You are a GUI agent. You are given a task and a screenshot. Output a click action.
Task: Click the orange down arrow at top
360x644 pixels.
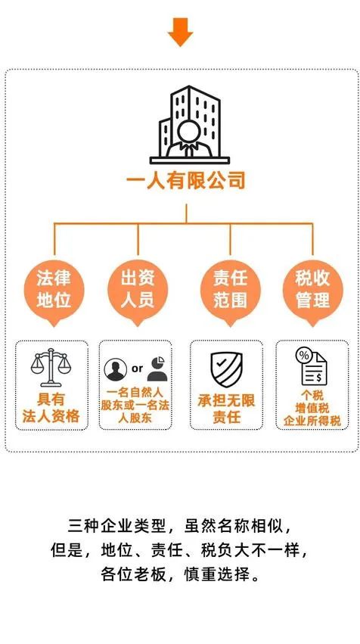click(180, 32)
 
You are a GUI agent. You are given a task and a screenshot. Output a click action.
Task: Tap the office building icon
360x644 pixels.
click(190, 125)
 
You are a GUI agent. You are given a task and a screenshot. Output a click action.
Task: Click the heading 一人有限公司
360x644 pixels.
click(185, 181)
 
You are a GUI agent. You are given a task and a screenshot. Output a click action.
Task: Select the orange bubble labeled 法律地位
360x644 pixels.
click(54, 292)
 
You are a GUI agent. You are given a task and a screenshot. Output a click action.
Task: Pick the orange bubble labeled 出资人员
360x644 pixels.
click(138, 292)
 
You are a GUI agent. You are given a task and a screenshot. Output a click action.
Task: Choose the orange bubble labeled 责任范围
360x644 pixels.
click(230, 292)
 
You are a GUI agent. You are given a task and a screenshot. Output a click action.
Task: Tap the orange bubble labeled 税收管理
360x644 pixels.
click(313, 292)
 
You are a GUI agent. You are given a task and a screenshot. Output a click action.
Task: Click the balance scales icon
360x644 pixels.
click(51, 367)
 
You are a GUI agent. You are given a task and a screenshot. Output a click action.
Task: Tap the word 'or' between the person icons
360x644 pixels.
click(138, 369)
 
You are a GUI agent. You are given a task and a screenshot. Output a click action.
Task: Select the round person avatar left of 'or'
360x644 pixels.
click(116, 369)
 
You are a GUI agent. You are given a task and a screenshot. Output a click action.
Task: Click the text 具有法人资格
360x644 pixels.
click(51, 408)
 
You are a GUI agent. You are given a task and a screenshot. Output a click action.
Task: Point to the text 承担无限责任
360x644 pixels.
click(226, 409)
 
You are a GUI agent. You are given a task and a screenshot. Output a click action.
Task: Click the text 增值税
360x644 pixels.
click(312, 408)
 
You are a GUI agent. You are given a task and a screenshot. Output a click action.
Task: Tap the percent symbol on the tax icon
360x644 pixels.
click(304, 356)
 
